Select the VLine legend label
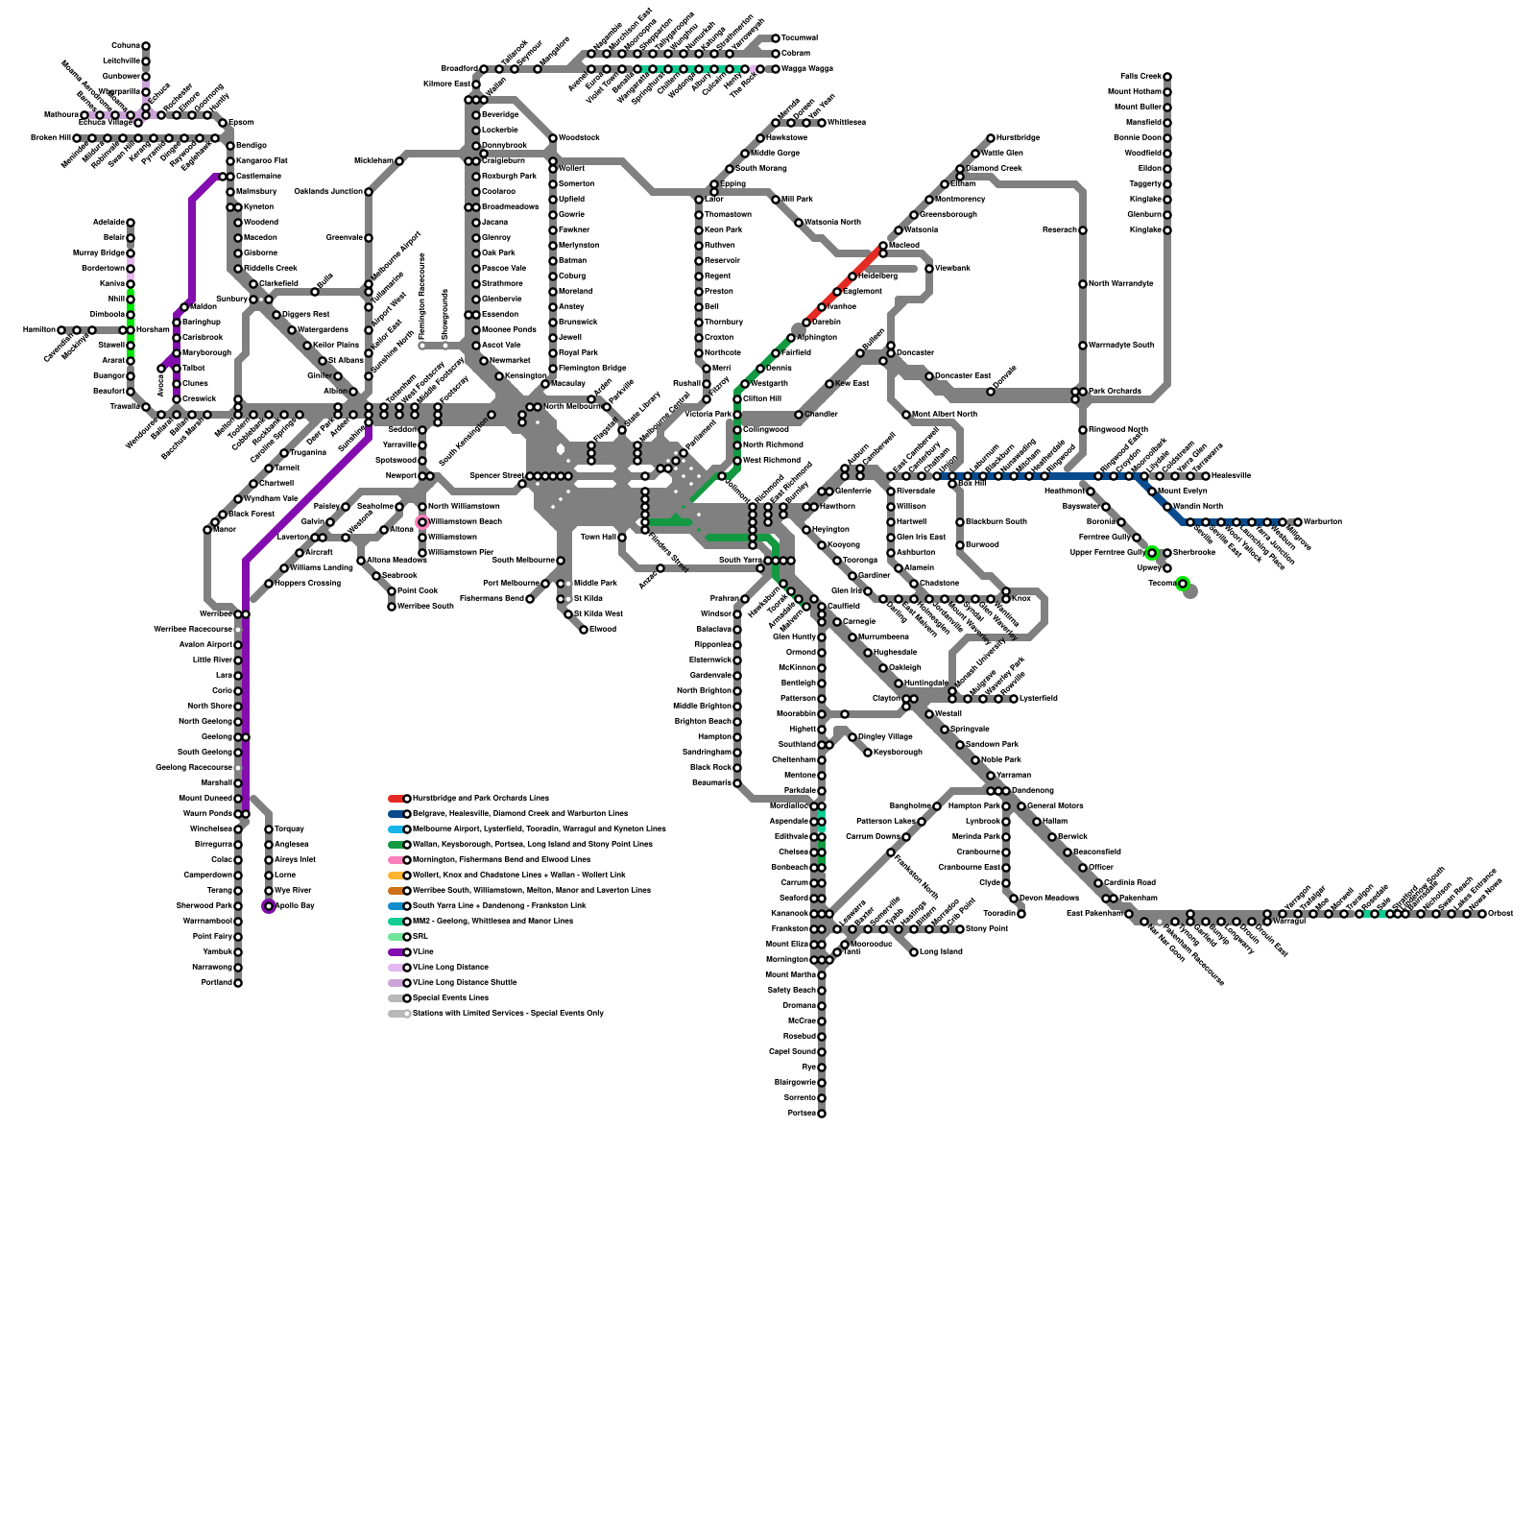[x=422, y=952]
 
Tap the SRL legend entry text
[x=420, y=937]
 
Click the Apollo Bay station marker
[x=269, y=906]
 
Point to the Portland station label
[x=215, y=983]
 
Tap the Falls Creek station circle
[x=1167, y=77]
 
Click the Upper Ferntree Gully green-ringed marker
[x=1152, y=553]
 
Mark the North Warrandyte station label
[x=1121, y=284]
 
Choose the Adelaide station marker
[x=131, y=223]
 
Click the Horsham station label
[x=153, y=330]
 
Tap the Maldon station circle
[x=184, y=307]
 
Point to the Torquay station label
[x=290, y=829]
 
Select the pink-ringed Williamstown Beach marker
[x=422, y=522]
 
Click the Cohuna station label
[x=126, y=46]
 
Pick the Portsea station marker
[x=822, y=1114]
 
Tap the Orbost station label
[x=1500, y=914]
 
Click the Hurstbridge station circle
[x=991, y=138]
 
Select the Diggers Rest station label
[x=306, y=315]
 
